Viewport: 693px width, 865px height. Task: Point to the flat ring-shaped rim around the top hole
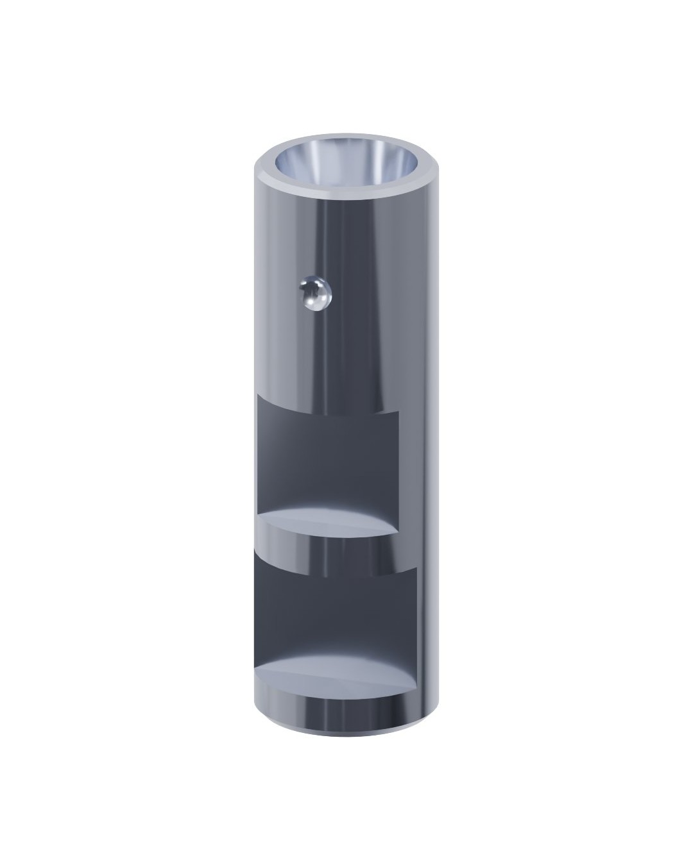click(346, 187)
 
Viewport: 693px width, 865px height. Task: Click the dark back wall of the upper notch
click(327, 455)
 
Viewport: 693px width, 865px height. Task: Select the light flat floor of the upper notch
click(327, 521)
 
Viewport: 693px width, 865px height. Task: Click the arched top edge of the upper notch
click(327, 406)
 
